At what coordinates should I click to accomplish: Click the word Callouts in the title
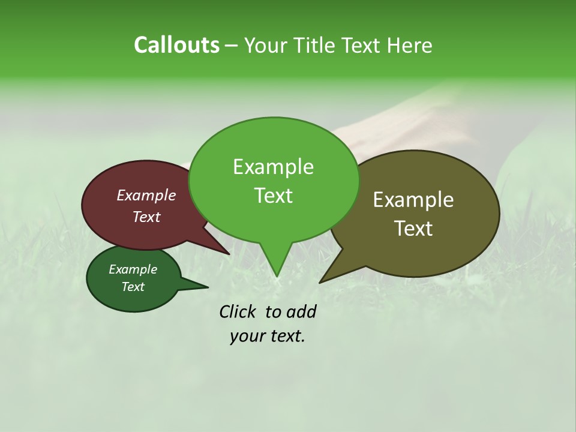[x=176, y=46]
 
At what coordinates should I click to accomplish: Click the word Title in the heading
[x=317, y=46]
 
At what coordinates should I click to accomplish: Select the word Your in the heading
[x=266, y=46]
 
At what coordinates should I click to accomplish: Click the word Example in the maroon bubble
[x=146, y=195]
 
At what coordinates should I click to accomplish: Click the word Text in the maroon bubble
[x=146, y=217]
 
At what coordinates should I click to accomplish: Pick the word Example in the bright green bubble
[x=273, y=167]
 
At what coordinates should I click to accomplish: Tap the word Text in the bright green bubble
[x=273, y=196]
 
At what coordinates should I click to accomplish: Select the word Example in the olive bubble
[x=413, y=200]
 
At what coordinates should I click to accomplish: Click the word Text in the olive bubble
[x=413, y=229]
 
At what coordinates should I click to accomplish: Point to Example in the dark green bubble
[x=133, y=269]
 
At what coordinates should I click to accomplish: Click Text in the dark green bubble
[x=133, y=287]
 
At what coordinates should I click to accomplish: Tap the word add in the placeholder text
[x=301, y=311]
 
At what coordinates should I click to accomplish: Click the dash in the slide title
[x=232, y=46]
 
